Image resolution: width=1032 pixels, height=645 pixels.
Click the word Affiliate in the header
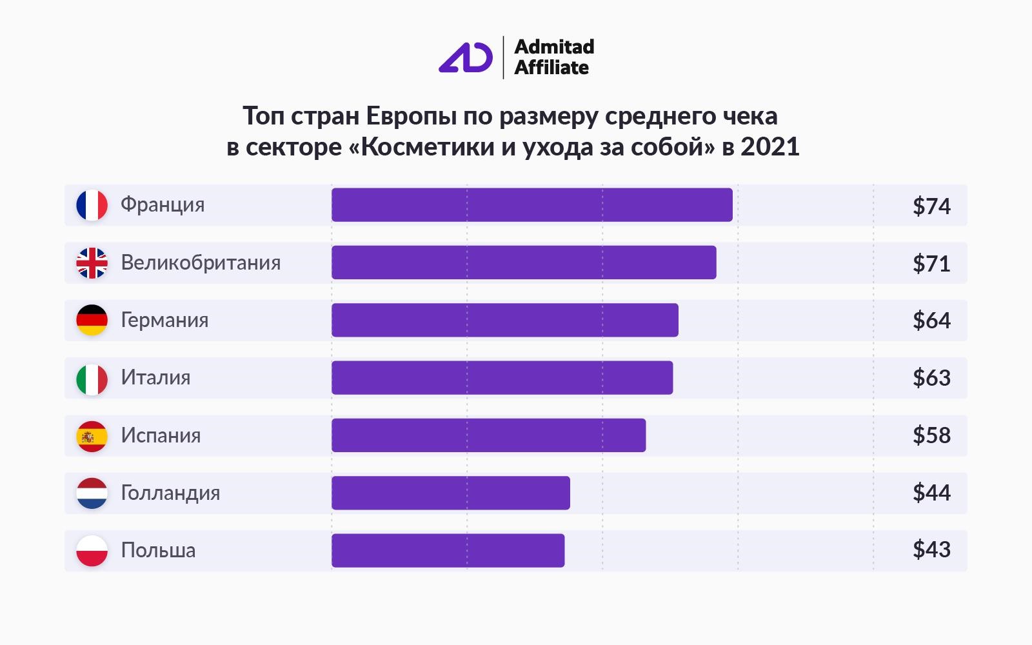(551, 68)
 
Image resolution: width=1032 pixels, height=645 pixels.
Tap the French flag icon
(92, 205)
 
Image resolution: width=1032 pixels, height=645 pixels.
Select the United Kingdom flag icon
(92, 263)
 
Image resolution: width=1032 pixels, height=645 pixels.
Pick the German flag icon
(92, 320)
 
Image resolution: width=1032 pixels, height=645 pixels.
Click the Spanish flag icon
(92, 435)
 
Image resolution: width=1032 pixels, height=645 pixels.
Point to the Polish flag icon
(92, 551)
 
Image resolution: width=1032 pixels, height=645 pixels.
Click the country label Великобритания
(201, 263)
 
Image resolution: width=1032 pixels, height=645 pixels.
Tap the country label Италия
(155, 377)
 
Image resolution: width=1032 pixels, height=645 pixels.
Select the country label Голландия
(170, 493)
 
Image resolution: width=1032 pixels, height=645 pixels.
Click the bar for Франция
(531, 205)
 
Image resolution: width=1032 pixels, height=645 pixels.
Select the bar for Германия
(504, 320)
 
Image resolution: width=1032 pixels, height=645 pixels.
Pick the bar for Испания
(488, 435)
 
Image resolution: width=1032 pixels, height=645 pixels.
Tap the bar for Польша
(448, 551)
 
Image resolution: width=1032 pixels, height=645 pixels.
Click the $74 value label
(931, 206)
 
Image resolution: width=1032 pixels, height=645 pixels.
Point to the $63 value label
(931, 377)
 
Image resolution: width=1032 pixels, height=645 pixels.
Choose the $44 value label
(931, 493)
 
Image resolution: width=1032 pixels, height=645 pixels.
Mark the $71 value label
(931, 263)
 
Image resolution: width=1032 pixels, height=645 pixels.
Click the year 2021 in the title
(769, 147)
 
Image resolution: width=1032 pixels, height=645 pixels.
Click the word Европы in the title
(413, 117)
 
